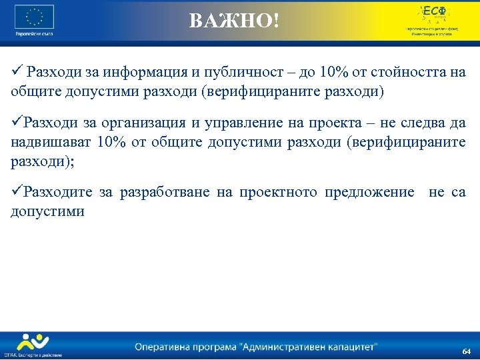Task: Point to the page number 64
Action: tap(466, 351)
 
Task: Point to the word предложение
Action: tap(369, 193)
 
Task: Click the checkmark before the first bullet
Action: tap(17, 72)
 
